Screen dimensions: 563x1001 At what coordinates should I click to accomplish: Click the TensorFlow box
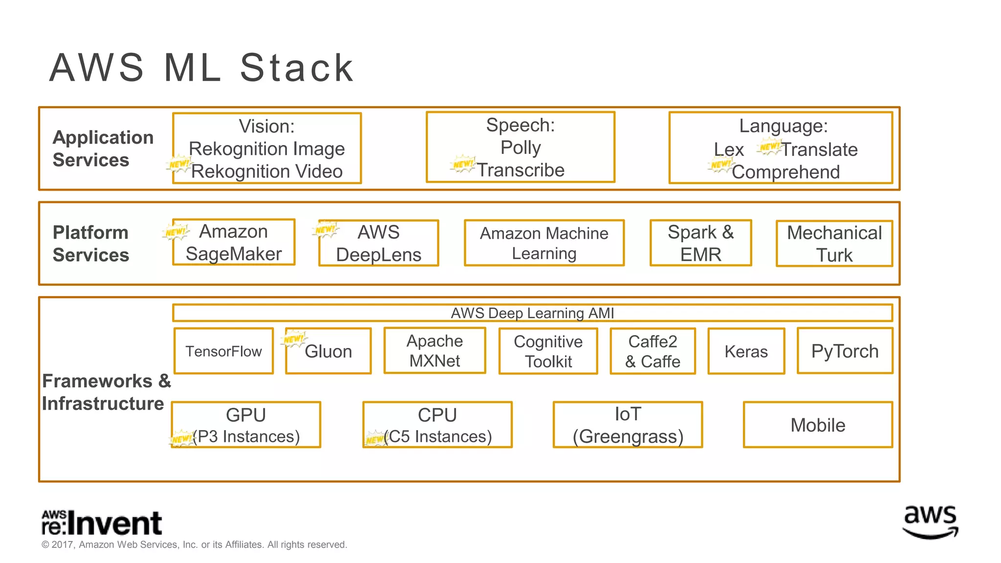(x=223, y=351)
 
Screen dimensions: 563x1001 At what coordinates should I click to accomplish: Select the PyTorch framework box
(x=845, y=351)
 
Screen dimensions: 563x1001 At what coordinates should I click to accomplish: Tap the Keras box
(x=746, y=351)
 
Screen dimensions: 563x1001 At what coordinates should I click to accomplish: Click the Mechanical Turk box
(x=834, y=243)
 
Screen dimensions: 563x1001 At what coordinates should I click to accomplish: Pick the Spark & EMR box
(x=700, y=243)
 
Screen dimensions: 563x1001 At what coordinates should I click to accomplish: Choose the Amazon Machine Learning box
(x=544, y=243)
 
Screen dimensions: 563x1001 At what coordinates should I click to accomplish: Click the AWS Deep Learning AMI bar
(x=532, y=313)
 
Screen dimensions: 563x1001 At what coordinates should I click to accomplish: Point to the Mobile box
(x=818, y=425)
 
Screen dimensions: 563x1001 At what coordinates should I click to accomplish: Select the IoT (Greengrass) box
(x=628, y=425)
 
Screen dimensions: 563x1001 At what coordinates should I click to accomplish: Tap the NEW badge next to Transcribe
(x=462, y=164)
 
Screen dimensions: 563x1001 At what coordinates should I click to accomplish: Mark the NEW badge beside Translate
(x=769, y=147)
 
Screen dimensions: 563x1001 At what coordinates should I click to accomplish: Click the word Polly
(x=521, y=148)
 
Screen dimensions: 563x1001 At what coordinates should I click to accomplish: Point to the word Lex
(x=728, y=150)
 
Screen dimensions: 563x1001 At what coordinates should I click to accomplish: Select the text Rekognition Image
(x=266, y=149)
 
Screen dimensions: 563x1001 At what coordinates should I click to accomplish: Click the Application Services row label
(x=103, y=149)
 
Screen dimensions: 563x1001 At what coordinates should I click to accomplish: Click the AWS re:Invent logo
(x=102, y=523)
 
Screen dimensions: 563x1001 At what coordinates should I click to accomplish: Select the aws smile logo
(x=930, y=522)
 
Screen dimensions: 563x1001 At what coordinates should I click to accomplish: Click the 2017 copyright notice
(x=194, y=544)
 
